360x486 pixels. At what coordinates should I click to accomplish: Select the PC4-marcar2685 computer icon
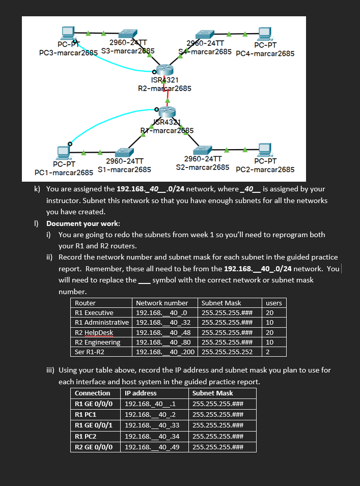264,33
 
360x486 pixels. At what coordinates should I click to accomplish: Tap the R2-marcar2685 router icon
164,69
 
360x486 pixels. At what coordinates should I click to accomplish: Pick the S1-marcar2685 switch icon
124,151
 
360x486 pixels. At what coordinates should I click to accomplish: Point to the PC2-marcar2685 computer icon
264,150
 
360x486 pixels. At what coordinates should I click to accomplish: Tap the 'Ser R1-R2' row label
90,352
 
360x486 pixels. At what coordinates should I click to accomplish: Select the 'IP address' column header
141,393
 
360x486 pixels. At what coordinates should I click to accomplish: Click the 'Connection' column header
92,393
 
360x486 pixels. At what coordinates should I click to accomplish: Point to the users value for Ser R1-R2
268,352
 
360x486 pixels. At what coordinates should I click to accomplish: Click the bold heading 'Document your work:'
84,223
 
